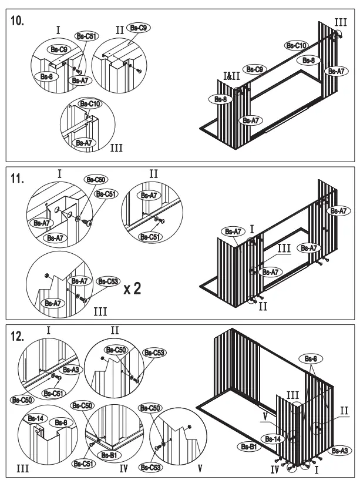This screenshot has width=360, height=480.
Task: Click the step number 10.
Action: click(18, 21)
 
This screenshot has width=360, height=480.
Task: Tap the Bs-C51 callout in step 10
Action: click(86, 36)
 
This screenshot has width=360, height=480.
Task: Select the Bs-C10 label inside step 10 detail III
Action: click(90, 104)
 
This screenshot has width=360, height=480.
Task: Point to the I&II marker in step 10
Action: click(231, 76)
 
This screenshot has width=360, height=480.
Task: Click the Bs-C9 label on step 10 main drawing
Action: click(254, 70)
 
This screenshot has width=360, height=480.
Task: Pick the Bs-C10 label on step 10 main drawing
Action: click(297, 45)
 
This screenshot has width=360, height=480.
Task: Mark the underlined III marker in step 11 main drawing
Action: click(284, 249)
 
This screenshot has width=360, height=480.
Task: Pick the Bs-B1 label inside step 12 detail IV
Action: click(108, 455)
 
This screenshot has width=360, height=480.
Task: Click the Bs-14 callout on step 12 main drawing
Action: click(272, 438)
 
